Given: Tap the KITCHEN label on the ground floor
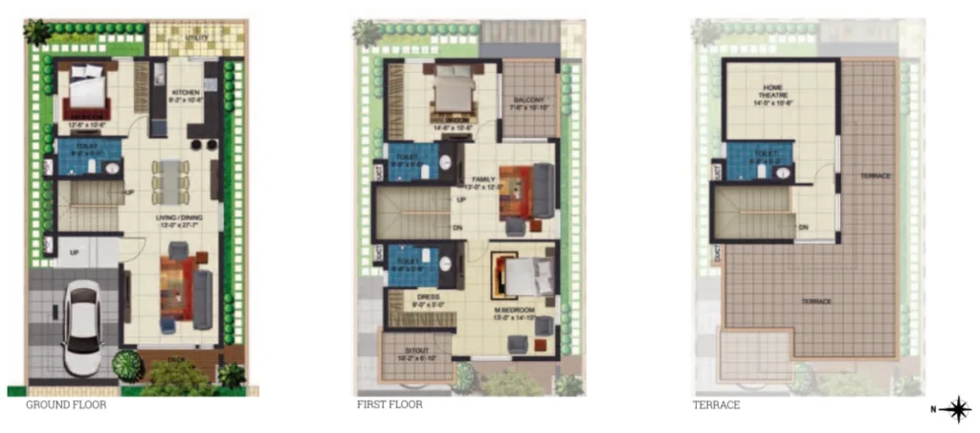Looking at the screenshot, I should [184, 93].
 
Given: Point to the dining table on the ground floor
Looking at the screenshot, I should [170, 181].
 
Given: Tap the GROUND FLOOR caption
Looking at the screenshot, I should [66, 405].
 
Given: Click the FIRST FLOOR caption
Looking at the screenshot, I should [390, 405].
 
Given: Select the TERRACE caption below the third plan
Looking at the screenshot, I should [716, 405].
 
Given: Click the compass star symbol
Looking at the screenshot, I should [954, 409].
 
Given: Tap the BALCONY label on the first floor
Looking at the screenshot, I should [528, 100].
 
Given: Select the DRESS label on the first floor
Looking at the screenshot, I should [428, 298].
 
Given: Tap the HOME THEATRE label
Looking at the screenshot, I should [773, 92].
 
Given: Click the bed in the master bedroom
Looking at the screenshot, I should [524, 277].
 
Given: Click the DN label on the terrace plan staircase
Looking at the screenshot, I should [802, 226].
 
